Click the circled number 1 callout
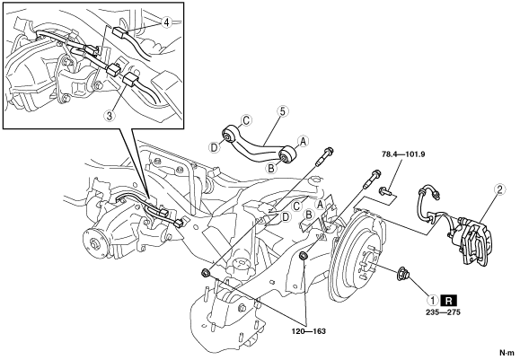433,301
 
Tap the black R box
449,301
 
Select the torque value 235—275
444,312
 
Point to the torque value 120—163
309,331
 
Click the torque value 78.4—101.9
403,154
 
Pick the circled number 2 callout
499,190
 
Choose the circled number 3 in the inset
109,115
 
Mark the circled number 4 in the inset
166,22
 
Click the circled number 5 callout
282,111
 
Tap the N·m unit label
507,353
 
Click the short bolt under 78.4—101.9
385,191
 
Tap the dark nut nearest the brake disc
303,256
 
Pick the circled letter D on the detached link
215,146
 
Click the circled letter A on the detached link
303,142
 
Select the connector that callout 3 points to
128,81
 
